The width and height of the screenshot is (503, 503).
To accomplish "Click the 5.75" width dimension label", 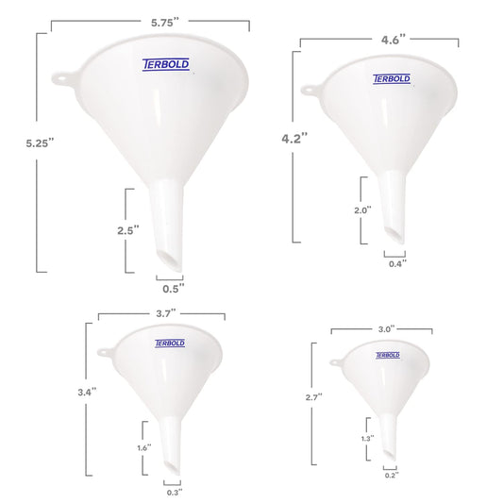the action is pos(165,23).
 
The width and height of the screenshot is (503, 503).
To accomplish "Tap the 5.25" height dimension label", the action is pos(40,143).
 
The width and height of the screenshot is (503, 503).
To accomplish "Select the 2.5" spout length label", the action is pos(128,230).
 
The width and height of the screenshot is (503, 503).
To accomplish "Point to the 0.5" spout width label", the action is pos(174,289).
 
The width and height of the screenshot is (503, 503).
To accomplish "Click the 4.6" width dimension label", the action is pos(394,40).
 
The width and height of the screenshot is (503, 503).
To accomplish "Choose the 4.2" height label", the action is pos(294,139).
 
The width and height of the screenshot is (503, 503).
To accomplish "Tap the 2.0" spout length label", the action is pos(362,210).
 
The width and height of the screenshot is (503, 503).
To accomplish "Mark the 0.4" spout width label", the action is pos(398,263).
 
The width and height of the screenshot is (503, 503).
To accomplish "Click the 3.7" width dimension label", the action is pos(166,313).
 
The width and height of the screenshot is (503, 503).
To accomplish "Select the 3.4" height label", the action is pos(87,392).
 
